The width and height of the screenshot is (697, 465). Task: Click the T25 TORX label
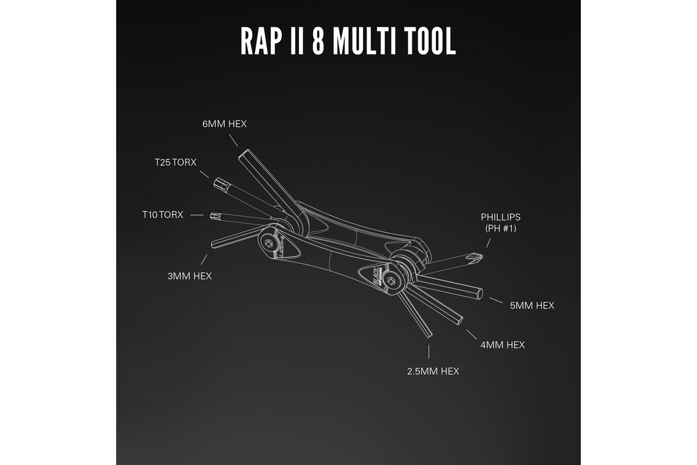pos(175,162)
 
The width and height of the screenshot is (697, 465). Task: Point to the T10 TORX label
pos(163,214)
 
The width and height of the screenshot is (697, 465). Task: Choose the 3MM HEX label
pos(189,276)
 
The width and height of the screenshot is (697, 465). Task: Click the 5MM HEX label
pos(532,305)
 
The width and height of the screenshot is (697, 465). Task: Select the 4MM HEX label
pos(502,345)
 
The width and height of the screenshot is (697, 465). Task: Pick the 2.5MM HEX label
pos(433,371)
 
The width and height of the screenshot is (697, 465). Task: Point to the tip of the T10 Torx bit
pos(213,215)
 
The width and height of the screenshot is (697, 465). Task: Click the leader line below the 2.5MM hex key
pos(429,352)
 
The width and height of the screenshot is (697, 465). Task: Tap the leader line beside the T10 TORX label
pos(197,215)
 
